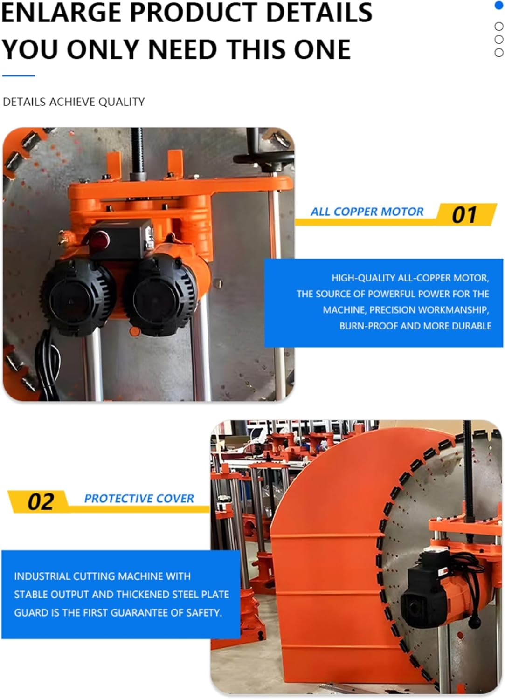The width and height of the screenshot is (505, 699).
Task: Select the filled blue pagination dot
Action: [x=498, y=6]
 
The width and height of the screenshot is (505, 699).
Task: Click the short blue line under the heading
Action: [x=18, y=75]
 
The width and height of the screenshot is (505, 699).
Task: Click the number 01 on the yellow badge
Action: [x=464, y=215]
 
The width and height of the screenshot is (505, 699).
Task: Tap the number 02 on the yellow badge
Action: [x=41, y=502]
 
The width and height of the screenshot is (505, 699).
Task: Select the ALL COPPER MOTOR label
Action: [x=367, y=212]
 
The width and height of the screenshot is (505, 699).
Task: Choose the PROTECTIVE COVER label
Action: [x=139, y=499]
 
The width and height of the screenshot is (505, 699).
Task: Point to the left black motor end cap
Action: [x=75, y=294]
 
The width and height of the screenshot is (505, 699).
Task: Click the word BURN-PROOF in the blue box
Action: [x=368, y=326]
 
